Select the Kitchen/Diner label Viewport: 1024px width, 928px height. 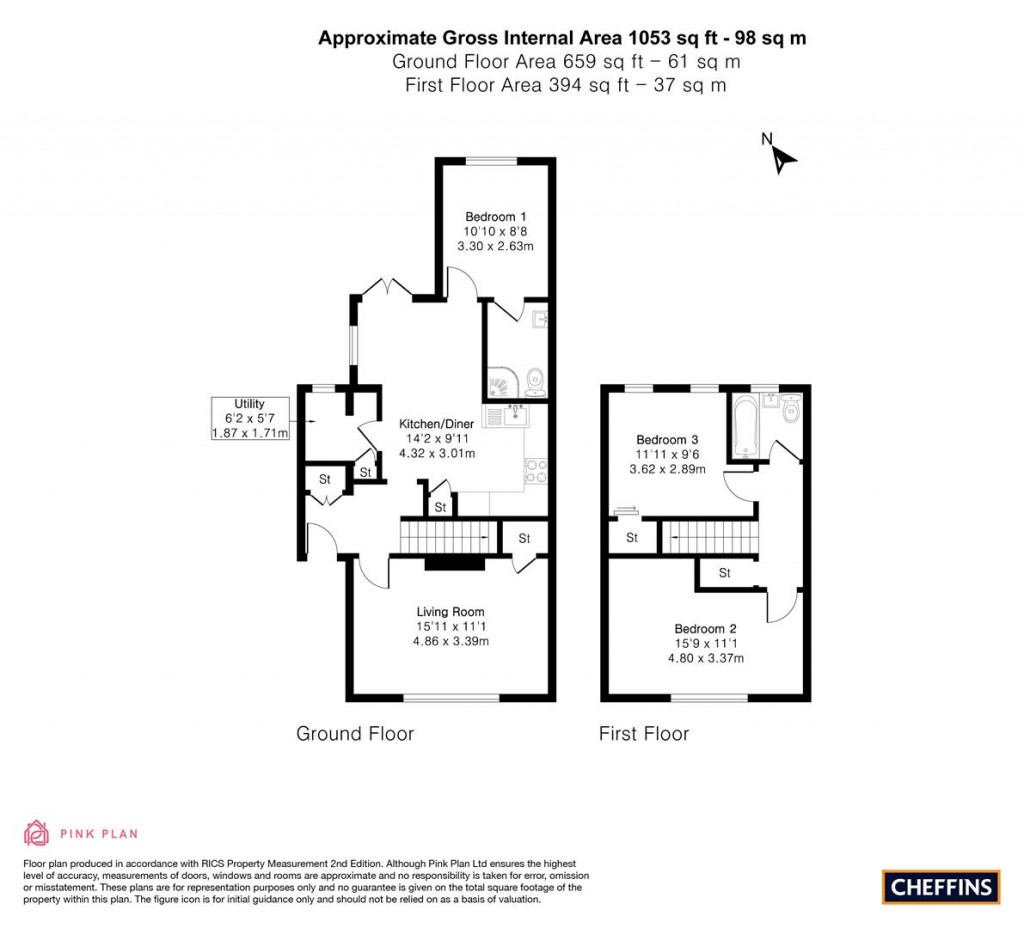(436, 438)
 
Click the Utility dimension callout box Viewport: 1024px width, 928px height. (250, 419)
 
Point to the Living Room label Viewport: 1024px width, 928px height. (451, 626)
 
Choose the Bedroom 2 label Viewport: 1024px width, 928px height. (705, 643)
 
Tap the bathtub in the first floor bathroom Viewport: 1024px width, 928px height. (745, 426)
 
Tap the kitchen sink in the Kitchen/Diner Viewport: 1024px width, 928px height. (510, 413)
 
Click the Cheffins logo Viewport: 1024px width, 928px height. (940, 886)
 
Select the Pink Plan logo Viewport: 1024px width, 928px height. (81, 833)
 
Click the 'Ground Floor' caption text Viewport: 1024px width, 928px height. (355, 734)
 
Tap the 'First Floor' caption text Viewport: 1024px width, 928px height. (644, 734)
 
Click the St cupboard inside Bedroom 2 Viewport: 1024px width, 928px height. (725, 573)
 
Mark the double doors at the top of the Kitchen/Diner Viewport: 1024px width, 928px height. (389, 290)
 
